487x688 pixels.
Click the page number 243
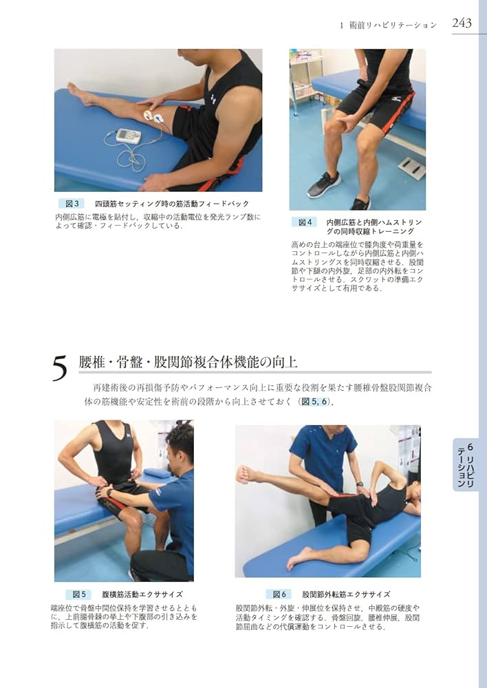(462, 23)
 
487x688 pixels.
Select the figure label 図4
(305, 222)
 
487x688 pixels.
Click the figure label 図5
(78, 594)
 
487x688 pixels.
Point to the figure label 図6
(279, 594)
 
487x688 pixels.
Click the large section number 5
(61, 369)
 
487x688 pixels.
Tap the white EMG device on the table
(128, 136)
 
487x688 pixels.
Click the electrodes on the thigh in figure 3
(154, 116)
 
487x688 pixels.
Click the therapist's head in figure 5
(180, 444)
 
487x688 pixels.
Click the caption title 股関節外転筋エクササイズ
(346, 594)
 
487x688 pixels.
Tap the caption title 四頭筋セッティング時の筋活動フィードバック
(171, 204)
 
